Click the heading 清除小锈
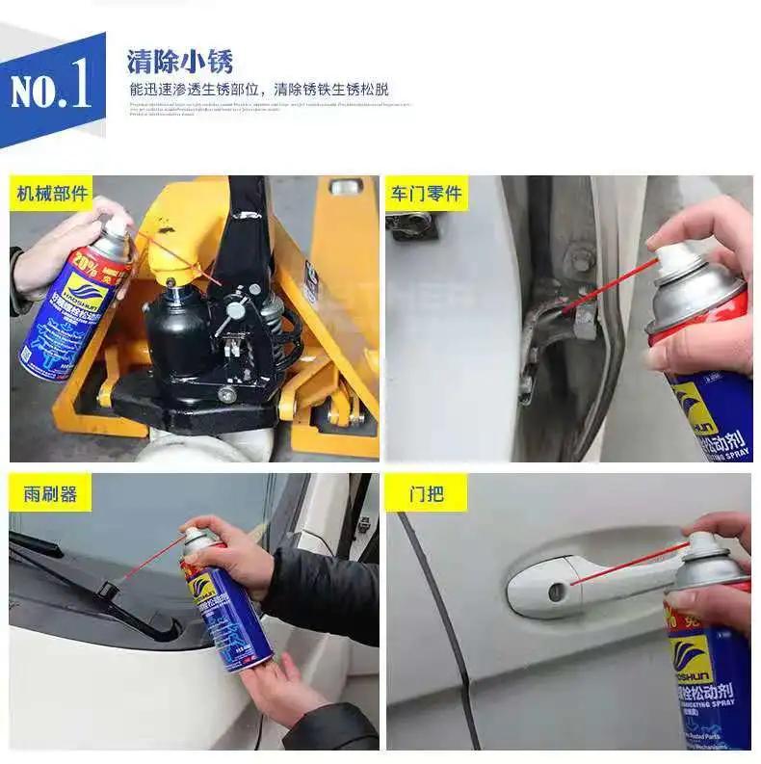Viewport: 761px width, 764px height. [180, 61]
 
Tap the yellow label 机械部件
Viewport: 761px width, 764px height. [52, 194]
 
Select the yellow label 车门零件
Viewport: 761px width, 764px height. [426, 194]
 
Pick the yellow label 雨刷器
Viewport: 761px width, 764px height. [49, 494]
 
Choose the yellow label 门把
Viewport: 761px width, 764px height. [426, 494]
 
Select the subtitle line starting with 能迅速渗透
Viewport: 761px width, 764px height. [259, 89]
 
